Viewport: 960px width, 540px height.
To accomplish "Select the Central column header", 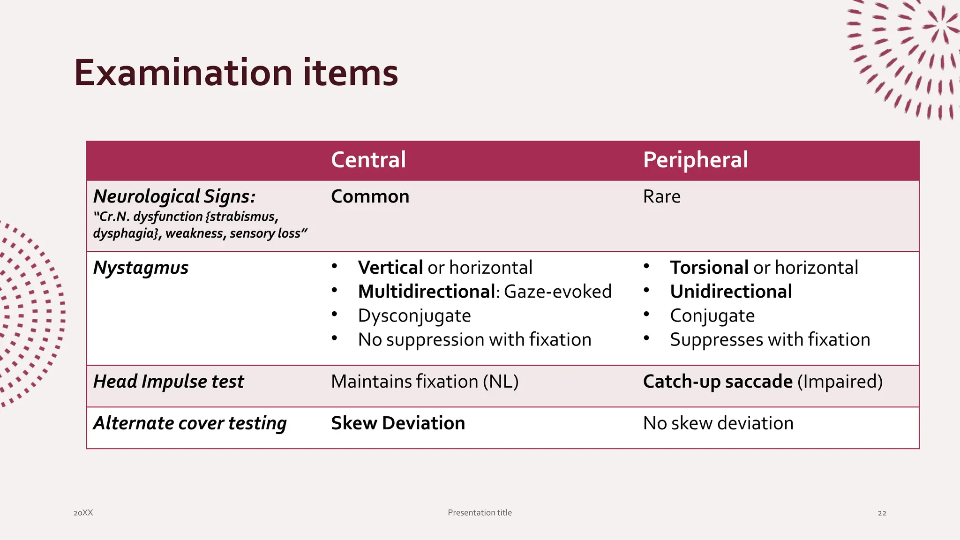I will pos(368,160).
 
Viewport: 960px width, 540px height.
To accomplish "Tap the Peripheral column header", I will pos(695,160).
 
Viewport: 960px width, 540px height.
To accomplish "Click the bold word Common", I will pos(370,196).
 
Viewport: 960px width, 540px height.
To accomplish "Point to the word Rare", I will pos(661,196).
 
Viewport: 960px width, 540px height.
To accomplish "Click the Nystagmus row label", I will pos(141,268).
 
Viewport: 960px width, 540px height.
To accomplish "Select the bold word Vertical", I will pos(390,268).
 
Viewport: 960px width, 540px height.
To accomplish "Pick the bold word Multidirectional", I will pos(426,292).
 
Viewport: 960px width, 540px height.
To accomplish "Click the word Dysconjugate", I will pos(414,316).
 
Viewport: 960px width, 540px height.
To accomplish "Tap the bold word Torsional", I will pos(709,268).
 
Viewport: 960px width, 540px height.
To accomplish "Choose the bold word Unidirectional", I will pos(731,292).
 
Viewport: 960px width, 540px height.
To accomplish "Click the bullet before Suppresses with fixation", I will pos(646,338).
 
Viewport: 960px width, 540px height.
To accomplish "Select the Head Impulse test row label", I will pos(168,382).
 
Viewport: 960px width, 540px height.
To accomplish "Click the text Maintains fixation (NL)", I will pos(425,382).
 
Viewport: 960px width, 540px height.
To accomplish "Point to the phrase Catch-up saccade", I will pos(717,382).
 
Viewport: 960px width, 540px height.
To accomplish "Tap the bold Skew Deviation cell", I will pos(398,423).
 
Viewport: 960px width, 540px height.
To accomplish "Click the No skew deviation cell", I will pos(718,423).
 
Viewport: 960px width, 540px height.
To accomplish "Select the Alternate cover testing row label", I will pos(190,423).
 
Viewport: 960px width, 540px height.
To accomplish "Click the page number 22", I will pos(882,513).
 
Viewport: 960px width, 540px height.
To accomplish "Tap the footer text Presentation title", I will pos(480,513).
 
